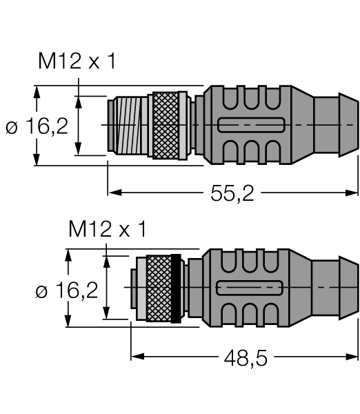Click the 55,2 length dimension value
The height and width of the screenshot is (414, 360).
click(232, 193)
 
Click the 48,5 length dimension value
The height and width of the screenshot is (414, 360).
click(246, 358)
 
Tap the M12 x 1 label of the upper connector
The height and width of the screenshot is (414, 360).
click(77, 61)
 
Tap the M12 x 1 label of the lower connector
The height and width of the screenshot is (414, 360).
click(107, 229)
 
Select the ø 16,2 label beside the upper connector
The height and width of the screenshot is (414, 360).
click(37, 126)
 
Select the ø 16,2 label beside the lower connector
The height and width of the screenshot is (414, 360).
click(67, 290)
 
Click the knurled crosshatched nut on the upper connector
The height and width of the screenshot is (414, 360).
click(166, 126)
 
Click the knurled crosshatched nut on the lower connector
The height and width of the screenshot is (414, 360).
click(159, 288)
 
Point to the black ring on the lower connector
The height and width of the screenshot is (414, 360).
click(176, 288)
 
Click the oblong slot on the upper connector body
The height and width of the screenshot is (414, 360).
click(251, 125)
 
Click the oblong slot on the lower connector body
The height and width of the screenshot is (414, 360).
click(250, 288)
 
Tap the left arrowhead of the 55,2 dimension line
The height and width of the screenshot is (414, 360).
click(115, 193)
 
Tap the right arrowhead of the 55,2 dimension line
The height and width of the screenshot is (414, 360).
click(351, 193)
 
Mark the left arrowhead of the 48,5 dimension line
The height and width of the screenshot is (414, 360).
click(138, 357)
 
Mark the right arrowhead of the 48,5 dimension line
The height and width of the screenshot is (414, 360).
click(351, 357)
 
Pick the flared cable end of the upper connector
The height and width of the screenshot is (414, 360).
click(348, 125)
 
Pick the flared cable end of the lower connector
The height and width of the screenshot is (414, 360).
click(348, 288)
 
